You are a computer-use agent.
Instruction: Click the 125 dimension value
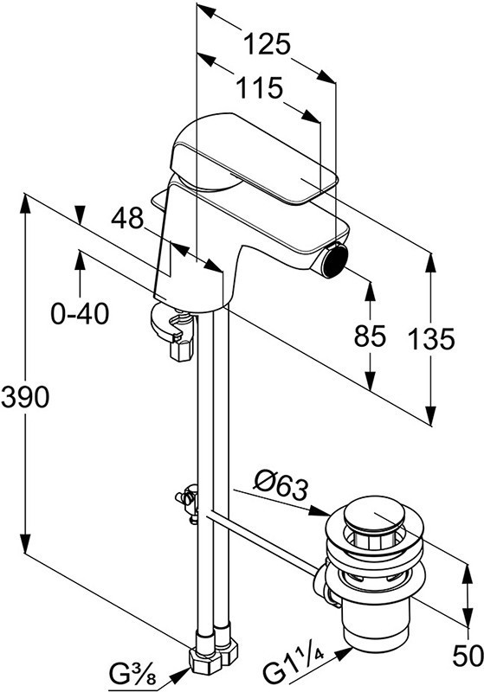[x=267, y=44]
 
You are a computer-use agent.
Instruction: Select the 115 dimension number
[x=259, y=88]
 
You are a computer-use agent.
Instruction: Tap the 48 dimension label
[x=127, y=218]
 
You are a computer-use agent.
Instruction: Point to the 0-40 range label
[x=80, y=315]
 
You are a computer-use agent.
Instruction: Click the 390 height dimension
[x=25, y=396]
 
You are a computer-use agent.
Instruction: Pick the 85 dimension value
[x=370, y=336]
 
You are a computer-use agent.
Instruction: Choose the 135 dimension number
[x=430, y=339]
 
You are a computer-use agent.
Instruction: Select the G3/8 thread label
[x=132, y=674]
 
